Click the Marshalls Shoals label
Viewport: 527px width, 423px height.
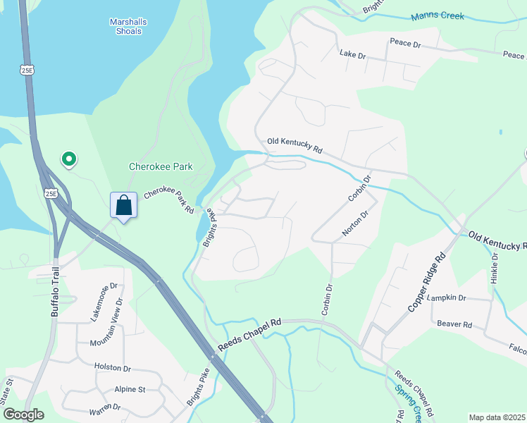[128, 26]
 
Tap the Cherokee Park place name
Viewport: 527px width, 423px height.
[161, 167]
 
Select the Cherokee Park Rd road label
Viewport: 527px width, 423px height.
[170, 200]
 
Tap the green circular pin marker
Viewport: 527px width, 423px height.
[68, 160]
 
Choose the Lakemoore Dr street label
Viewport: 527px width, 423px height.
[104, 302]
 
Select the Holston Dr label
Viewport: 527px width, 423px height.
[113, 368]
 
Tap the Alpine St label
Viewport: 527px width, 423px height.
[130, 389]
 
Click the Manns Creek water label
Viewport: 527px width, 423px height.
[438, 15]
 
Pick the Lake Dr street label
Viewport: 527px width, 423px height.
[353, 54]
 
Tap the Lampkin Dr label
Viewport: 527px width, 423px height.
[447, 298]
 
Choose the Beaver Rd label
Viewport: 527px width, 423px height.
[454, 324]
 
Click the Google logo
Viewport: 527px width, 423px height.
[23, 415]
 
